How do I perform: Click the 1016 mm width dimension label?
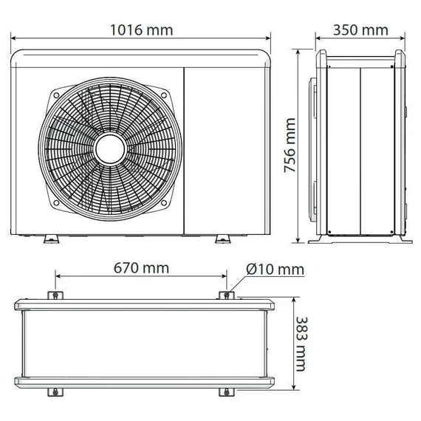(142, 30)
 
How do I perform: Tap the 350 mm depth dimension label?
(360, 30)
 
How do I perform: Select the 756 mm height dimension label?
(290, 145)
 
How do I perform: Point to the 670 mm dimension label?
(141, 268)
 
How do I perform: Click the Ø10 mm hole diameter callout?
(275, 269)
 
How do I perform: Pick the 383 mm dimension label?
(301, 344)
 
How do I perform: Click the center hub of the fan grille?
(110, 149)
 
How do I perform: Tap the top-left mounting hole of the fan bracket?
(56, 95)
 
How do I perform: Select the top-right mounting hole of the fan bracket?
(164, 95)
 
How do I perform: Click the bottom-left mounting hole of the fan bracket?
(56, 202)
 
